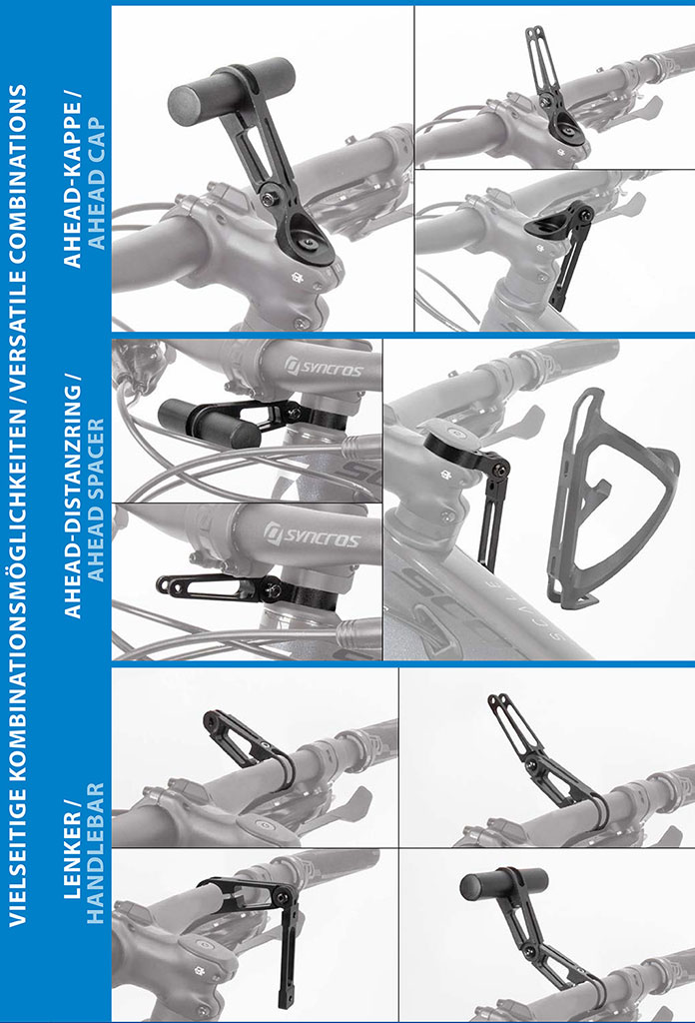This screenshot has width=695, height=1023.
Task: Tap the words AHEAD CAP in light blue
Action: coord(95,184)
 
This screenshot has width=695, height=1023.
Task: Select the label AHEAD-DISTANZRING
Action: coord(72,496)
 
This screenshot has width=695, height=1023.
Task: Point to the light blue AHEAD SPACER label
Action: coord(95,501)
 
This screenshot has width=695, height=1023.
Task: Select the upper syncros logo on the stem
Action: coord(323,367)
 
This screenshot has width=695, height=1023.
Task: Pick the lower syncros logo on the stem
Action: coord(312,535)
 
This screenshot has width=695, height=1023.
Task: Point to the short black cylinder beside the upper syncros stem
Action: coord(209,424)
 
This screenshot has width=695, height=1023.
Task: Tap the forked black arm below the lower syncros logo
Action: coord(215,586)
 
